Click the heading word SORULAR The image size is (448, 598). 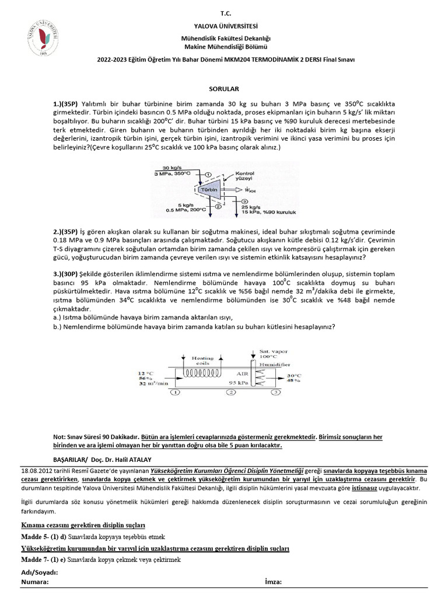[x=225, y=90]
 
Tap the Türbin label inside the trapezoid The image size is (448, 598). [x=208, y=190]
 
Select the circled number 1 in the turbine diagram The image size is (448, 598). [x=208, y=175]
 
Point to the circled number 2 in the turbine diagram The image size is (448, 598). [x=217, y=205]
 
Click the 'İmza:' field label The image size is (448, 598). [x=273, y=582]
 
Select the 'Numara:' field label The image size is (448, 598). [x=35, y=582]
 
